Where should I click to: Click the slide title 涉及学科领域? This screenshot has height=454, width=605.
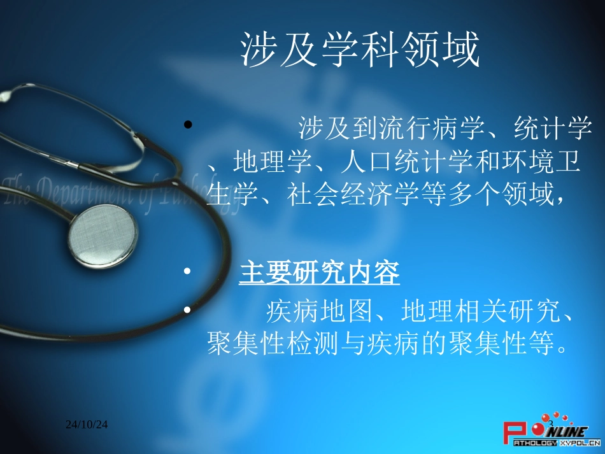tap(360, 52)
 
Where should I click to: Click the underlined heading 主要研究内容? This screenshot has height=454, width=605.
tap(319, 274)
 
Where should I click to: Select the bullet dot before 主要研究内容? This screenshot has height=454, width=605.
tap(187, 273)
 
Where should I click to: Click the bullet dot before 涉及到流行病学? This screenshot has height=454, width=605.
tap(187, 125)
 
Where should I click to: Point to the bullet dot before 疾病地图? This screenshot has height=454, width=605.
tap(187, 310)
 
